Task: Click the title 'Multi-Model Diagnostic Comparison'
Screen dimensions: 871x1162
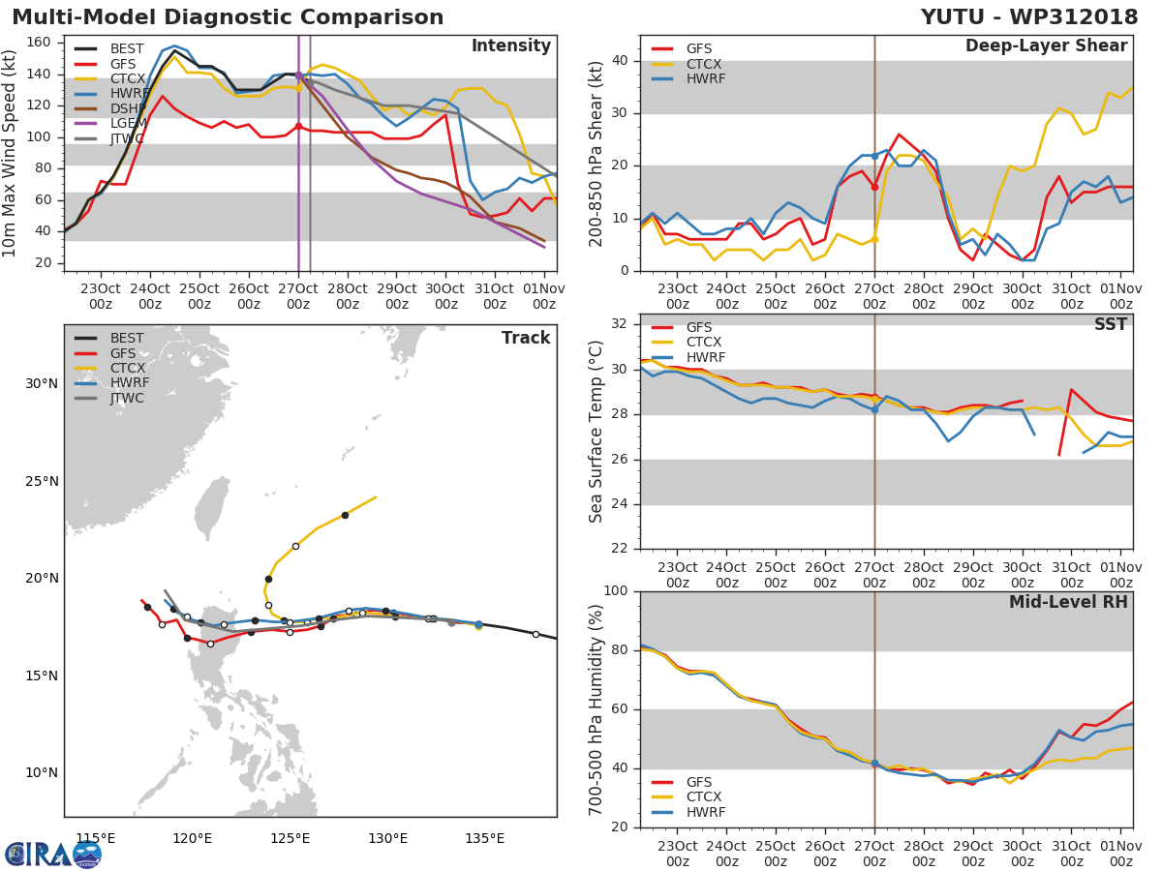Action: pyautogui.click(x=228, y=17)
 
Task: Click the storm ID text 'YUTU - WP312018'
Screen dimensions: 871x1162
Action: pyautogui.click(x=1029, y=17)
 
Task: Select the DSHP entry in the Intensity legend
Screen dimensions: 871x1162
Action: pyautogui.click(x=128, y=108)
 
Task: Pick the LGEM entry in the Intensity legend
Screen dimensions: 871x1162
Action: pyautogui.click(x=128, y=124)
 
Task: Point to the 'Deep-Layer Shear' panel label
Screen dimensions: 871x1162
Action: pyautogui.click(x=1046, y=46)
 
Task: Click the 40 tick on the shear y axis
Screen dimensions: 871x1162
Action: pyautogui.click(x=623, y=61)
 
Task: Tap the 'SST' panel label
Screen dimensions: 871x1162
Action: pyautogui.click(x=1110, y=325)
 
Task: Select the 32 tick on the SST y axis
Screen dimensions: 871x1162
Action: pyautogui.click(x=623, y=324)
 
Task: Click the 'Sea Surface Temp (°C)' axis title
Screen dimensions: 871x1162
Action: pyautogui.click(x=596, y=431)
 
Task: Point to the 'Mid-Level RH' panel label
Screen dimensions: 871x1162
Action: pyautogui.click(x=1068, y=602)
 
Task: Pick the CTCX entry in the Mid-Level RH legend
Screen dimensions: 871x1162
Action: pyautogui.click(x=705, y=797)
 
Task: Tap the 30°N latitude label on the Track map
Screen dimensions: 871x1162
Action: pyautogui.click(x=42, y=383)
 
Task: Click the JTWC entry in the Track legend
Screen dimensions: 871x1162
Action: pyautogui.click(x=128, y=399)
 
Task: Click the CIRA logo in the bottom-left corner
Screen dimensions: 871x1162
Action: pyautogui.click(x=52, y=854)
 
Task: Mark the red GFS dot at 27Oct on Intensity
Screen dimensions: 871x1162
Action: pyautogui.click(x=298, y=126)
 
